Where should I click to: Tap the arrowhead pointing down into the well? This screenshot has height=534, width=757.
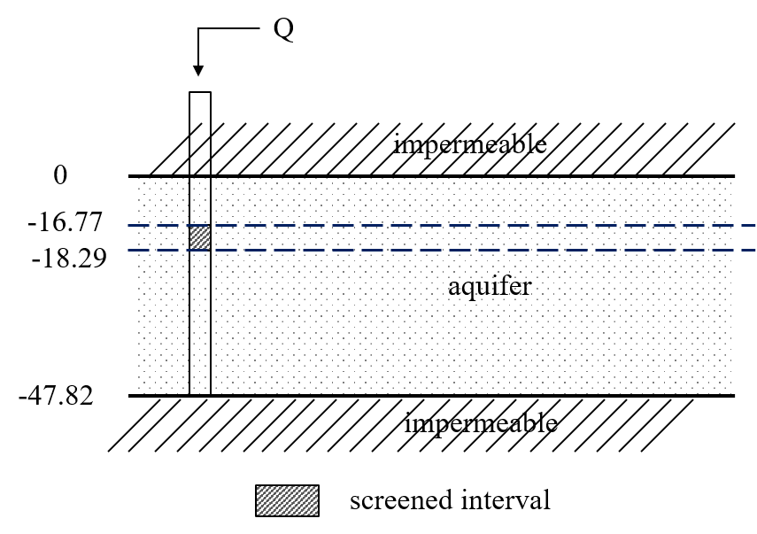[x=200, y=69]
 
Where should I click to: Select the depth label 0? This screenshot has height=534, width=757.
[x=60, y=175]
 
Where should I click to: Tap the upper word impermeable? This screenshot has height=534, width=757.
[x=469, y=144]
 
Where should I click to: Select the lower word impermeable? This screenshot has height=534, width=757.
[x=481, y=423]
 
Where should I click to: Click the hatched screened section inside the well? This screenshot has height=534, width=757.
[x=200, y=238]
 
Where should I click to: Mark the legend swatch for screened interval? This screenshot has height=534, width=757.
[x=287, y=500]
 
